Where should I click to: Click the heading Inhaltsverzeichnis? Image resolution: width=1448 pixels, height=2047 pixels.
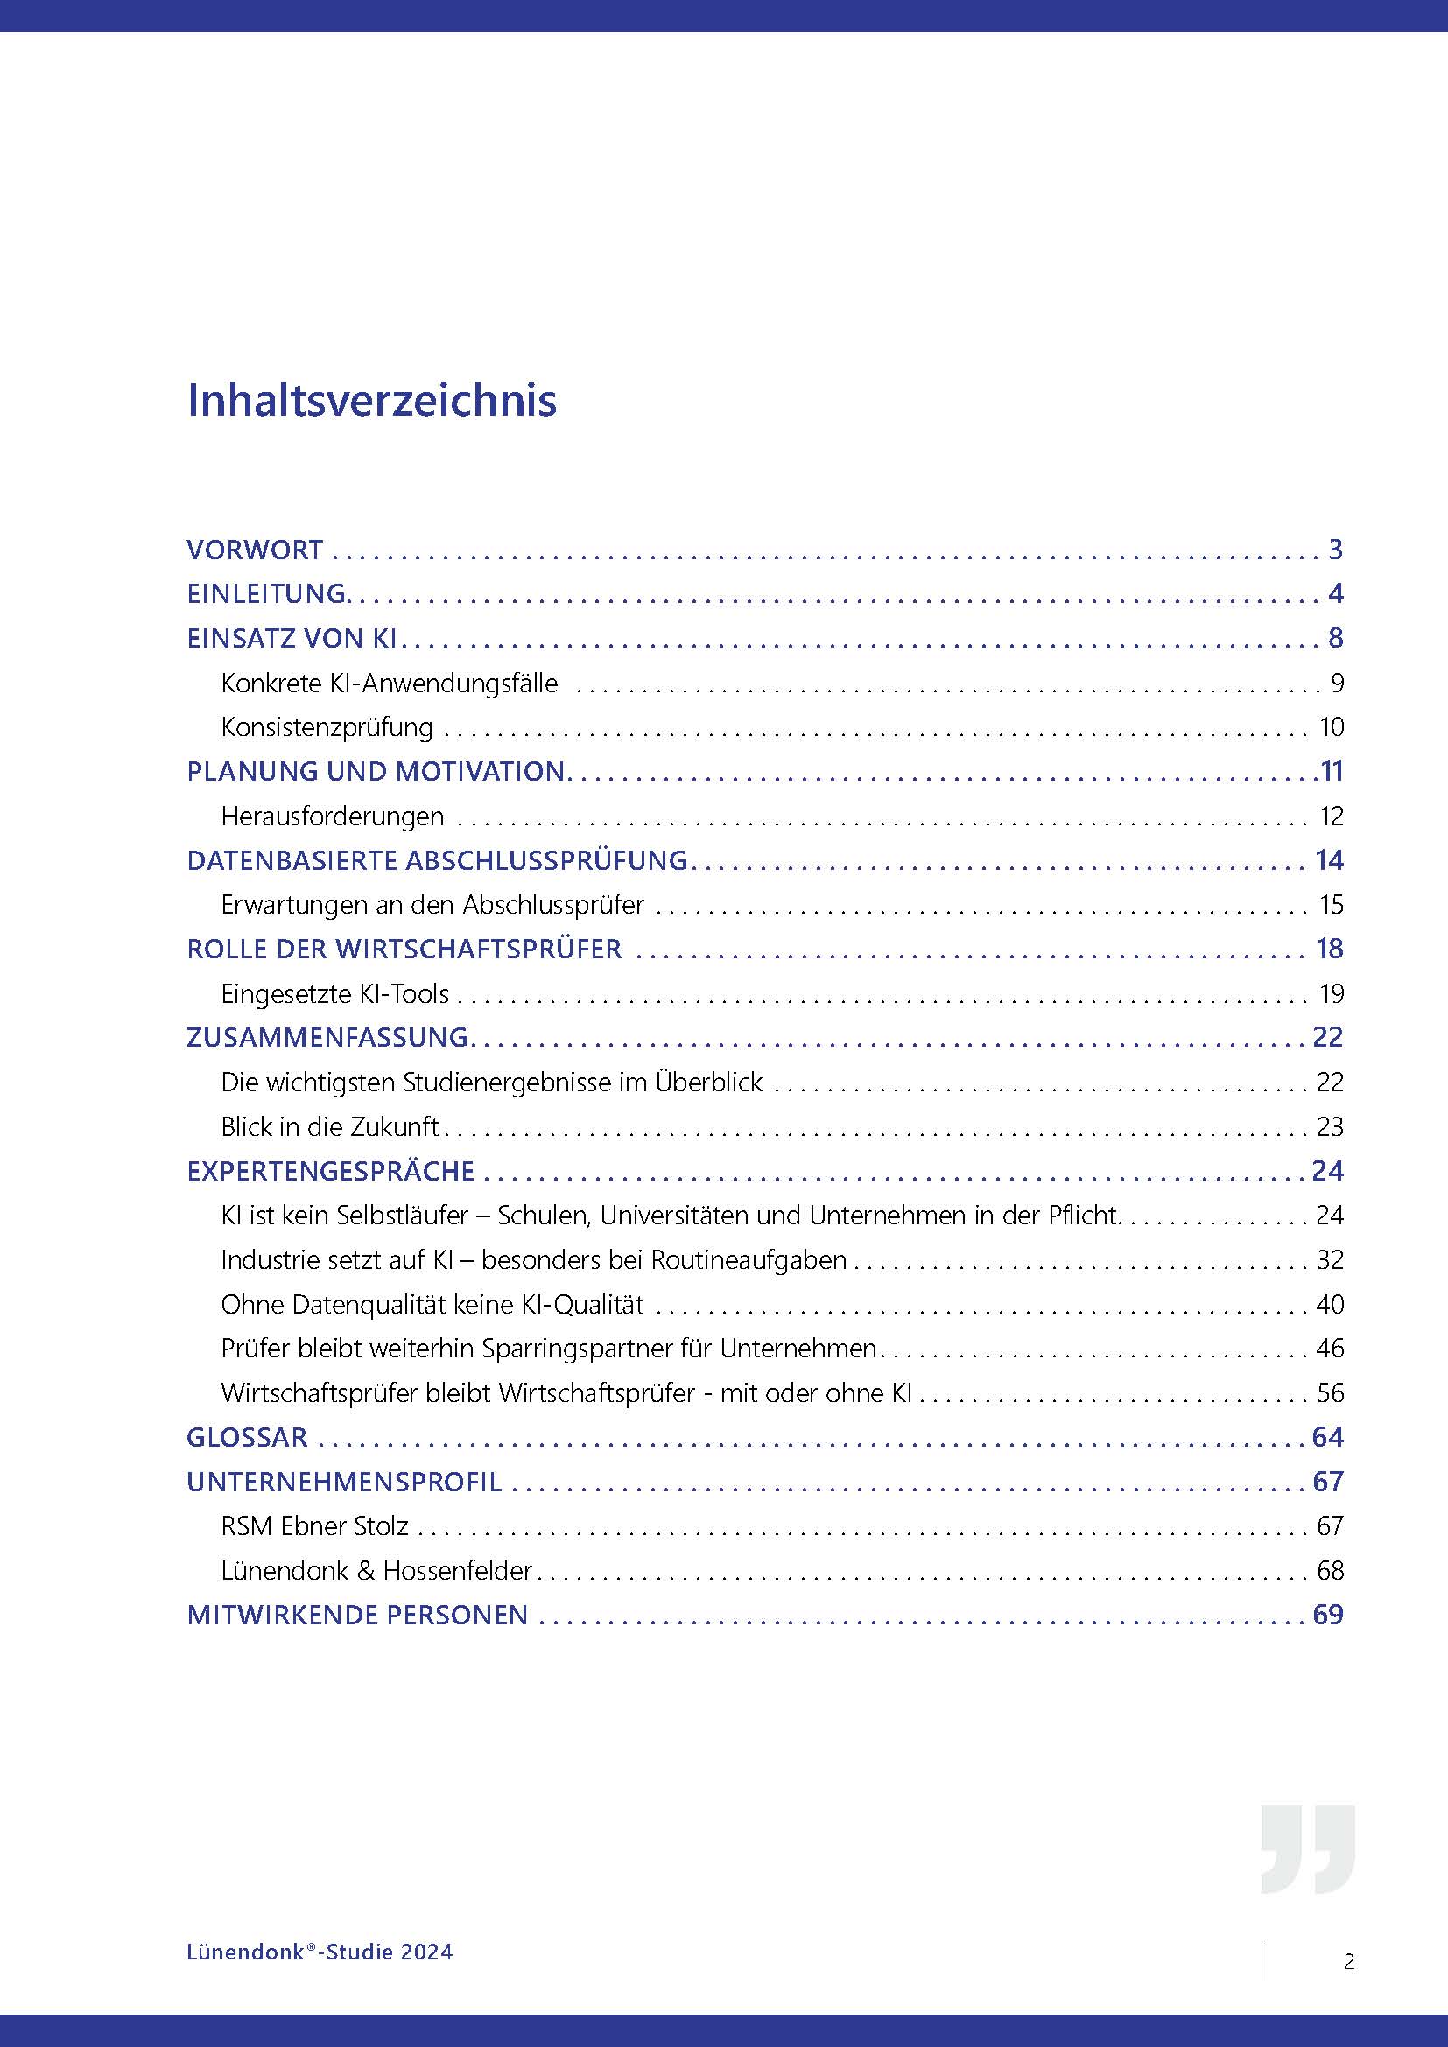pos(372,400)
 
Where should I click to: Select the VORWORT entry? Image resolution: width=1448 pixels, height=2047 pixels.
pos(255,550)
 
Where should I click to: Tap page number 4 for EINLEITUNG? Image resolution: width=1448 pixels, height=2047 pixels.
pos(1335,593)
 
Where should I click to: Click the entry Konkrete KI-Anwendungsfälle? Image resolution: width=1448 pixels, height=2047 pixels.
pos(390,684)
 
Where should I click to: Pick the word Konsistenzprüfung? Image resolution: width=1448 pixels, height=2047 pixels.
pos(327,727)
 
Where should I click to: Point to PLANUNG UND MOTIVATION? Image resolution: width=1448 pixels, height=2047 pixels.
pos(376,771)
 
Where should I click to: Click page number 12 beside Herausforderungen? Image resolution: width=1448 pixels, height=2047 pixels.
pos(1331,816)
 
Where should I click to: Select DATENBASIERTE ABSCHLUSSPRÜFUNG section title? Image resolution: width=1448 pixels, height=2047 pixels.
pos(437,860)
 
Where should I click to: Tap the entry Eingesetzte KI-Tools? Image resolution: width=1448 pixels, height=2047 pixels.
pos(335,993)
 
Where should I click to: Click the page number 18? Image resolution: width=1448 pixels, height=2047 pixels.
pos(1330,949)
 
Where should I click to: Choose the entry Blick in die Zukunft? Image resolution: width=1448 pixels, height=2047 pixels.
pos(330,1127)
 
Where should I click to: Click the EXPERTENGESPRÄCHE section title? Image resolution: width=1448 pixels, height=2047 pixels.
pos(331,1171)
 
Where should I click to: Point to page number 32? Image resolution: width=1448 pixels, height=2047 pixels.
pos(1330,1259)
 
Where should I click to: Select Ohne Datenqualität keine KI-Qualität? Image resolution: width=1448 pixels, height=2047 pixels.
pos(432,1304)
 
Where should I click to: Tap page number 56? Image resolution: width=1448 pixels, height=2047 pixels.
pos(1330,1392)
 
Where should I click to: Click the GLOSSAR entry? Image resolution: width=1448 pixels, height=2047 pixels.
pos(247,1437)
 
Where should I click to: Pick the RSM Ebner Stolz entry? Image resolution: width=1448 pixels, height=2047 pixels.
pos(315,1526)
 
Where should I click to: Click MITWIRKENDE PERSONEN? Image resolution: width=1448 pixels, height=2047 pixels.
pos(357,1615)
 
